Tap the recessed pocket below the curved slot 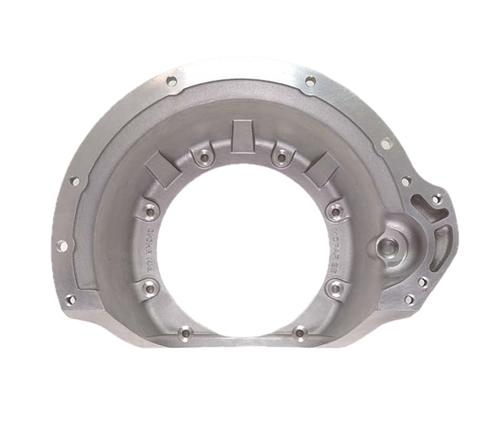[x=443, y=244]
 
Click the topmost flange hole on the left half [x=170, y=82]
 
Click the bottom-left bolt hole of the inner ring [x=185, y=332]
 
